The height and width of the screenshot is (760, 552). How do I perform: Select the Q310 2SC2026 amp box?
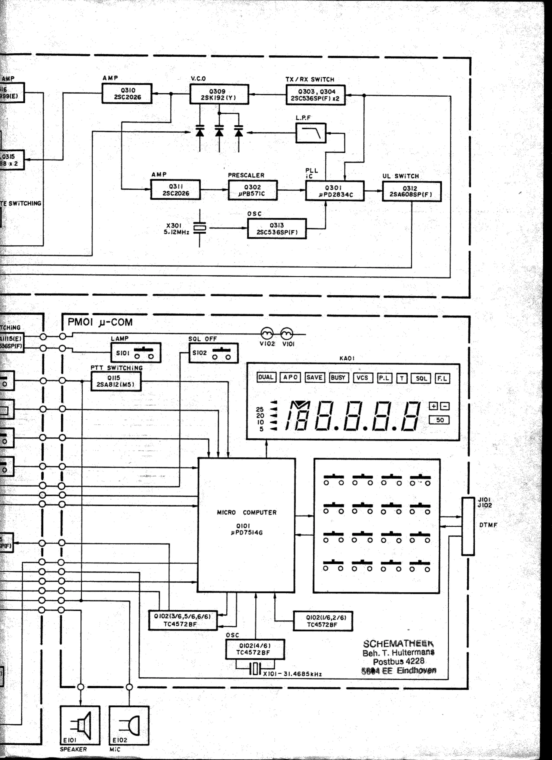coord(127,93)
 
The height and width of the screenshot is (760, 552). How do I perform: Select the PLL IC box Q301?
coord(335,191)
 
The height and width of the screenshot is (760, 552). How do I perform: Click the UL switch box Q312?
coord(411,191)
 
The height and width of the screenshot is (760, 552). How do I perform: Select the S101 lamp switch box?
coord(136,352)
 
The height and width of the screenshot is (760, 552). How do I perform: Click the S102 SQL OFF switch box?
coord(214,353)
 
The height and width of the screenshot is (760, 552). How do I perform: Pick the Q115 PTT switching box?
coord(116,381)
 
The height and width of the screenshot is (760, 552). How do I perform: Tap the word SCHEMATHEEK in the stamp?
coord(398,644)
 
